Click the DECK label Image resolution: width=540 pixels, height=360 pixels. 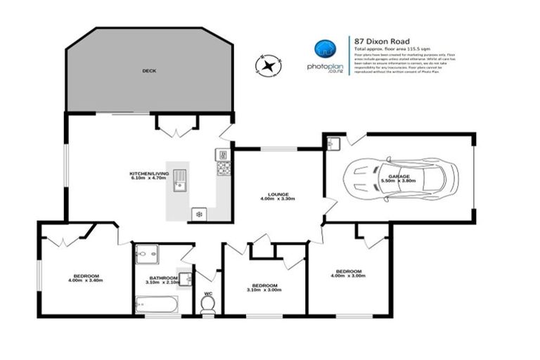[149, 71]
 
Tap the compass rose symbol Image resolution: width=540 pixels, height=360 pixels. [268, 67]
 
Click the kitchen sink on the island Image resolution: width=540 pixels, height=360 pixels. [180, 181]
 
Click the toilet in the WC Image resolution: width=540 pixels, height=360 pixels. [207, 303]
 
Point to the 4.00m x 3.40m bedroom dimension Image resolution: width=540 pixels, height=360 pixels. [86, 281]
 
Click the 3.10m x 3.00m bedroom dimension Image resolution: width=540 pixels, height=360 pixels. [264, 290]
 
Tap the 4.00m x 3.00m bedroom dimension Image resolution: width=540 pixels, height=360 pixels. [349, 276]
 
